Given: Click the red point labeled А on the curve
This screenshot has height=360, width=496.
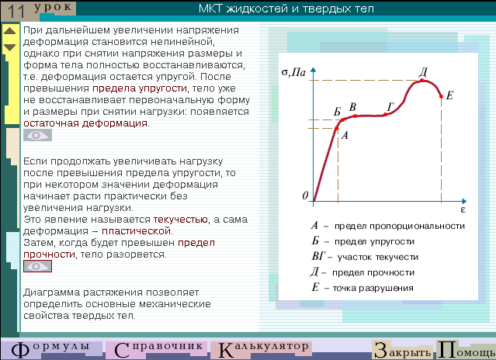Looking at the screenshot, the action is (x=337, y=128).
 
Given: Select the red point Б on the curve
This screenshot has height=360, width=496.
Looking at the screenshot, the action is (x=343, y=119).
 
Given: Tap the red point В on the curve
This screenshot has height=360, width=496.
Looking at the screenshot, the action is (x=355, y=116).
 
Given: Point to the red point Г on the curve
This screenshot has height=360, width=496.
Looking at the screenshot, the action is (x=385, y=114).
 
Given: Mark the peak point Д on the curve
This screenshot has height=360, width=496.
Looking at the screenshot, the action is (x=422, y=80).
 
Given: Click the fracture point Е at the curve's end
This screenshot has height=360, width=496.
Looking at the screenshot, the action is (x=441, y=96).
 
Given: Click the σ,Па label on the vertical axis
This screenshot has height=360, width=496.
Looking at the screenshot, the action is (x=293, y=73).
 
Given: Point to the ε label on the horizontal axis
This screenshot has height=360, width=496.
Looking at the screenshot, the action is (x=463, y=209).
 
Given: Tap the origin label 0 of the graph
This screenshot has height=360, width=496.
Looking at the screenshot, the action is (x=305, y=196).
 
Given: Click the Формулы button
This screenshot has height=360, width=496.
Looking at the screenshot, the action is (x=50, y=350).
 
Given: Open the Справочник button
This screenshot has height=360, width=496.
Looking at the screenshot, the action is (x=158, y=350).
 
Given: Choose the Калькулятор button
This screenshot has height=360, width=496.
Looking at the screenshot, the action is (x=262, y=350).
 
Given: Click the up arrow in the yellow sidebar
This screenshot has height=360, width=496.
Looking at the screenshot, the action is (x=10, y=31).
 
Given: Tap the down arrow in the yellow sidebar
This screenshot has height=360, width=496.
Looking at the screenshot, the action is (x=10, y=47).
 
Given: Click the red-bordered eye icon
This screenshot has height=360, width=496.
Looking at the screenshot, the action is (x=37, y=266).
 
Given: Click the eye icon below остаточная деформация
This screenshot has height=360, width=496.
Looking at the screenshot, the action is (x=37, y=135).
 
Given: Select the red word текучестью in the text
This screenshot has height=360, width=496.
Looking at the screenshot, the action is (x=180, y=220).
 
